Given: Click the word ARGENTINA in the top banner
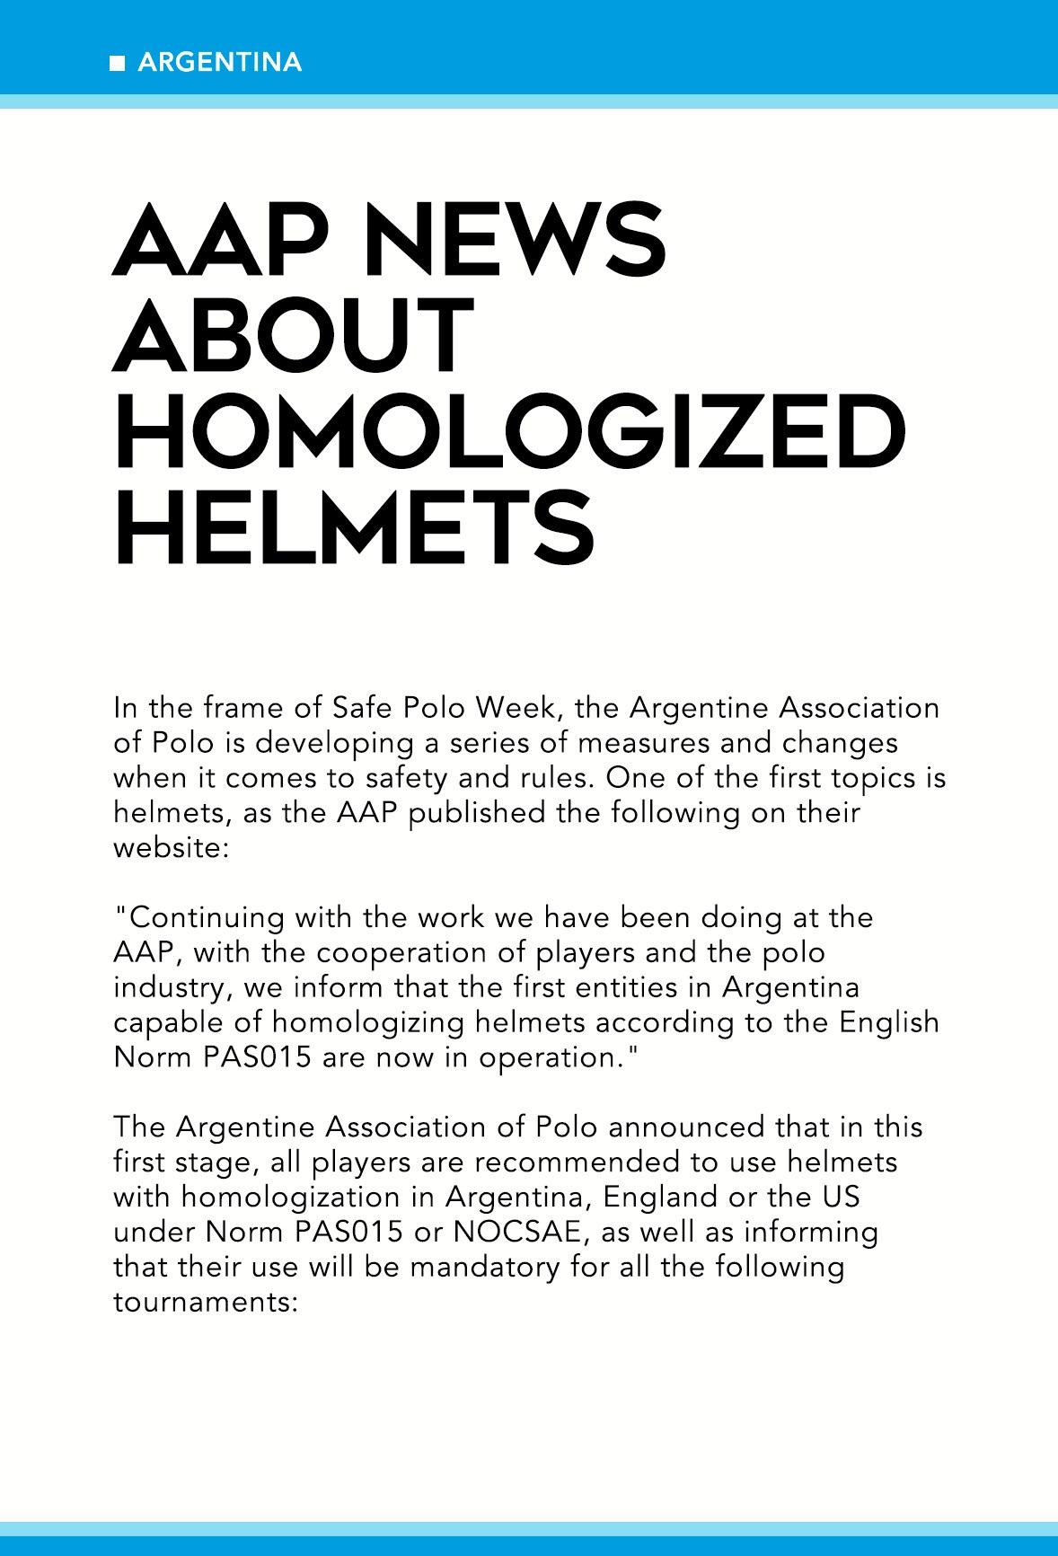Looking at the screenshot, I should [220, 62].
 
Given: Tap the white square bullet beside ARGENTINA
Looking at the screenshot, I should [117, 63].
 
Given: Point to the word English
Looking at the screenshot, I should [889, 1022].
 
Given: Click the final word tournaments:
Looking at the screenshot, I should [205, 1302].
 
